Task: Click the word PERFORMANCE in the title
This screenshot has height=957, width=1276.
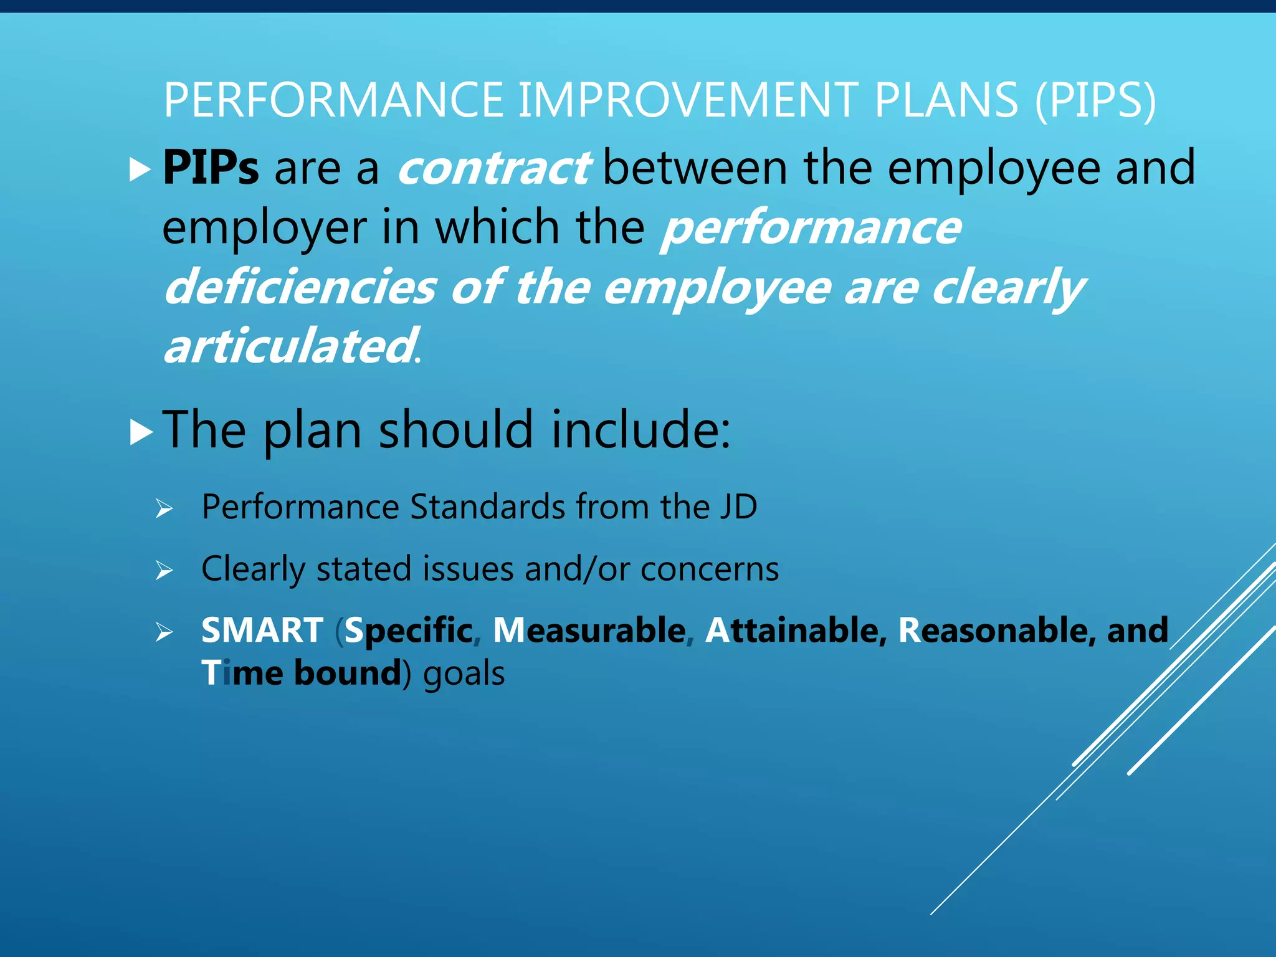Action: click(333, 100)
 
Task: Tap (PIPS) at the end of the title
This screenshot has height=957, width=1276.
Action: click(1095, 102)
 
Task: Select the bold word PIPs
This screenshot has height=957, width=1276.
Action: click(211, 168)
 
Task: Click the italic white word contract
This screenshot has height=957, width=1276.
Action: click(493, 168)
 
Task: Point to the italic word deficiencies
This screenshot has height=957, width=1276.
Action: click(300, 288)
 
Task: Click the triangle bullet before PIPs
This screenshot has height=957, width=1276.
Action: click(140, 169)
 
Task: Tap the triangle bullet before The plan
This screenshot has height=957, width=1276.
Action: click(141, 432)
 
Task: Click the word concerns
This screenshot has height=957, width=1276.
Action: click(710, 569)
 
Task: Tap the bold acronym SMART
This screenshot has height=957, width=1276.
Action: click(262, 630)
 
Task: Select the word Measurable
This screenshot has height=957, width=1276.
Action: click(589, 630)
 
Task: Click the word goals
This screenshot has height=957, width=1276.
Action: click(464, 674)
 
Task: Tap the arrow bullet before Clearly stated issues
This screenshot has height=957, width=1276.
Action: click(164, 569)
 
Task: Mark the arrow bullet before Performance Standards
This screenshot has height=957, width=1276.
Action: click(164, 508)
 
